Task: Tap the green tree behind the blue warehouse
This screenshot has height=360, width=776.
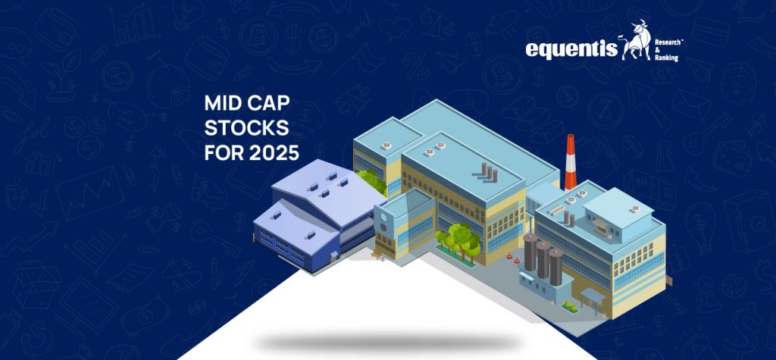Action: coord(371,180)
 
